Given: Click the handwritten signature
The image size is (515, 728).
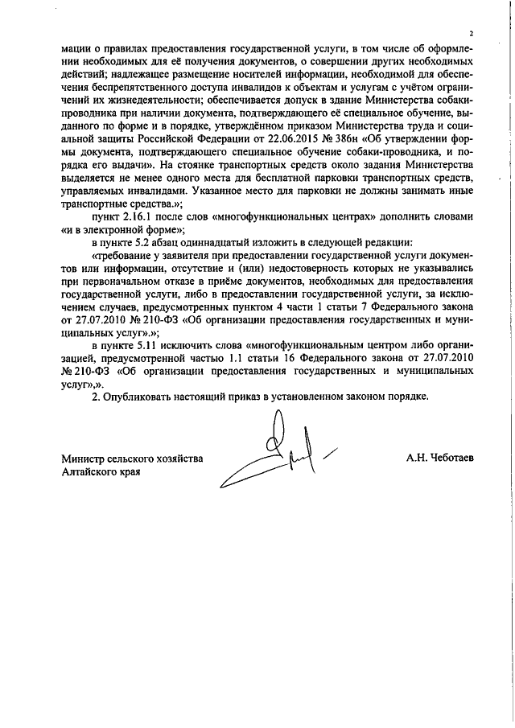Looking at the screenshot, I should click(278, 454).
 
